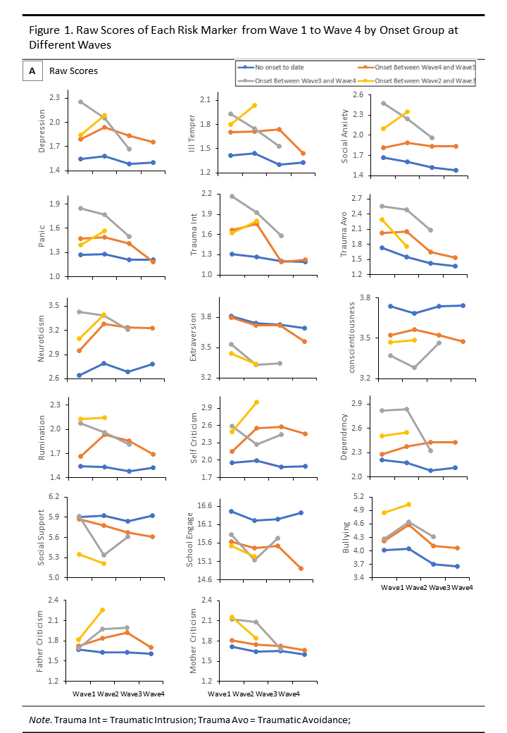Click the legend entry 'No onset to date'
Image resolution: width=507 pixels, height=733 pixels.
[278, 67]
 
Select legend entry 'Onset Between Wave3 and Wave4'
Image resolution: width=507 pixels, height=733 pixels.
[296, 80]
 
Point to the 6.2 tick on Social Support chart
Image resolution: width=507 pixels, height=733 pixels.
[58, 498]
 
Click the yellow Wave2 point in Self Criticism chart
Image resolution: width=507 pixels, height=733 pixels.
[256, 402]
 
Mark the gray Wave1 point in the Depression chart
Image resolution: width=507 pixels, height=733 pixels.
[80, 101]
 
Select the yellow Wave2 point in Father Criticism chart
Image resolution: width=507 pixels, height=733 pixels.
[104, 610]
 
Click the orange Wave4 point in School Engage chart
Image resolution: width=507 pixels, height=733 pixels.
[301, 568]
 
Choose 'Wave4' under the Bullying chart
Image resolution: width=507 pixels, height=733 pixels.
[462, 587]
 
